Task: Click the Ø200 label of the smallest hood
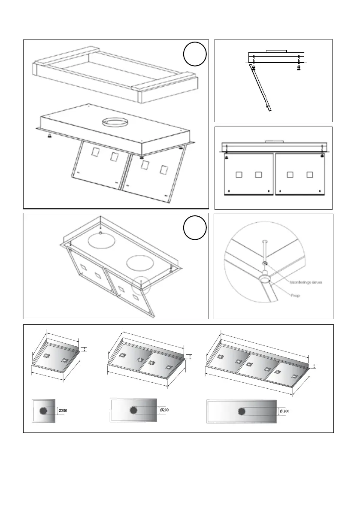point(62,411)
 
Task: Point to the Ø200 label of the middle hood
point(164,410)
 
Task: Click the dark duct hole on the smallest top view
point(43,411)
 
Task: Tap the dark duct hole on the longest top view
point(242,411)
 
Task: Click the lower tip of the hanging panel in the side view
point(269,109)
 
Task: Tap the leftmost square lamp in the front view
point(239,175)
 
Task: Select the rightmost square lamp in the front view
point(310,175)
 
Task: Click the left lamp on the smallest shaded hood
point(45,356)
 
